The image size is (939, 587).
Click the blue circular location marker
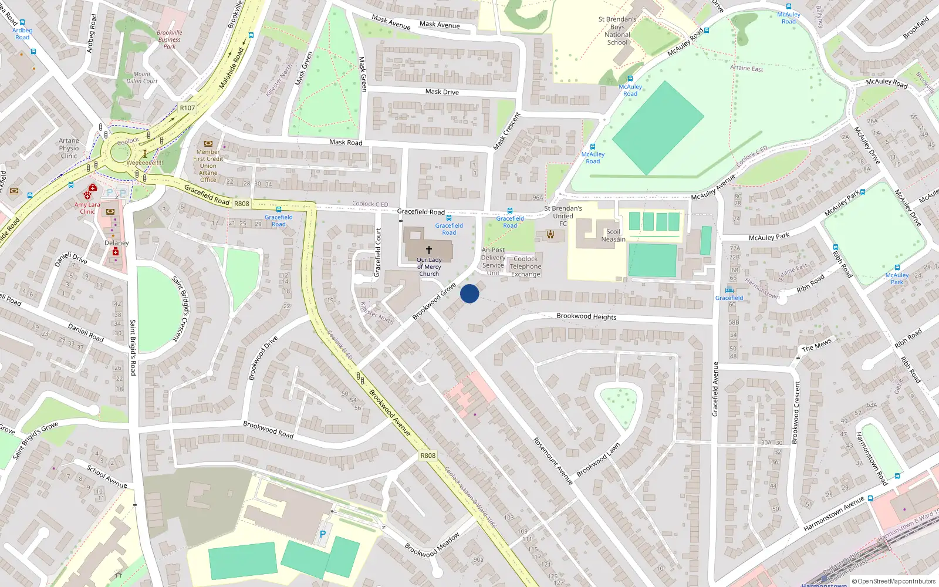[x=469, y=293]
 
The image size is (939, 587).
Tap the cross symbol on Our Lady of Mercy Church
[x=429, y=250]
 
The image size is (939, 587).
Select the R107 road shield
[x=187, y=108]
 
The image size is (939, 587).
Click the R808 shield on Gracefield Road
[x=242, y=204]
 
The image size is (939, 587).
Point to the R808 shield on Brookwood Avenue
[x=428, y=456]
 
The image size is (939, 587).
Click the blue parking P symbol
[x=322, y=535]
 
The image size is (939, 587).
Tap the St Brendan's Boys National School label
[x=617, y=31]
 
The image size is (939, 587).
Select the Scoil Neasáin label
[x=613, y=235]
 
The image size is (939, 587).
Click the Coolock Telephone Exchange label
[x=525, y=266]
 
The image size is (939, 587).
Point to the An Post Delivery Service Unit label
[x=493, y=261]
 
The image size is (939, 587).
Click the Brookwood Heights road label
[x=586, y=316]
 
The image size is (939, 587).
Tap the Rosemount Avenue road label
[x=552, y=461]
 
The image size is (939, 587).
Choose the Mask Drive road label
[x=442, y=92]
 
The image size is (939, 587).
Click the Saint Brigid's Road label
[x=133, y=348]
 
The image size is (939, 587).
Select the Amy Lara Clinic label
[x=87, y=208]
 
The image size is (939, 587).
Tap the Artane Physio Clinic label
[x=69, y=148]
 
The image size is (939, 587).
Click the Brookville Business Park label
[x=170, y=39]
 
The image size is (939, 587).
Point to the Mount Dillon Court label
[x=142, y=77]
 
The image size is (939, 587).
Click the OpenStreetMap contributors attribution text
[x=897, y=581]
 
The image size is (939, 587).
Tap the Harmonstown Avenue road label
[x=834, y=514]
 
